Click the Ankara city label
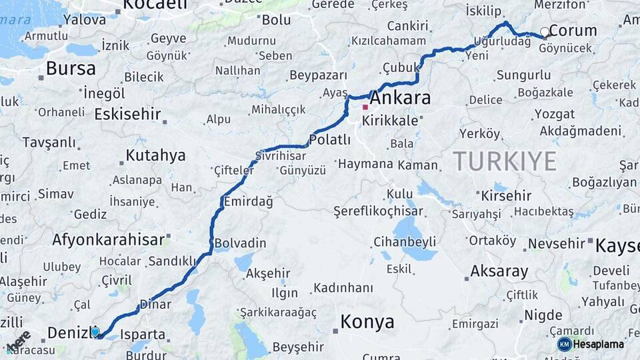[x=400, y=98]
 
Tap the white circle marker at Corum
[x=545, y=31]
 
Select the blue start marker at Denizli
[x=95, y=331]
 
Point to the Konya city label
[x=367, y=322]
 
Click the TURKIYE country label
[x=505, y=161]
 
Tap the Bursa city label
[x=71, y=68]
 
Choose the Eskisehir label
[x=127, y=114]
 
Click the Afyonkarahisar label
[x=108, y=240]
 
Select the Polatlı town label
[x=329, y=139]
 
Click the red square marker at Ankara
[x=365, y=107]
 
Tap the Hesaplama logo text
[x=599, y=344]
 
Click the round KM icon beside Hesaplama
[x=564, y=344]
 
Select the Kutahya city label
[x=155, y=156]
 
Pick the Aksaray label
[x=499, y=271]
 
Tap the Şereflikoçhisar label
[x=378, y=211]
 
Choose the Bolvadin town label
[x=240, y=243]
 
